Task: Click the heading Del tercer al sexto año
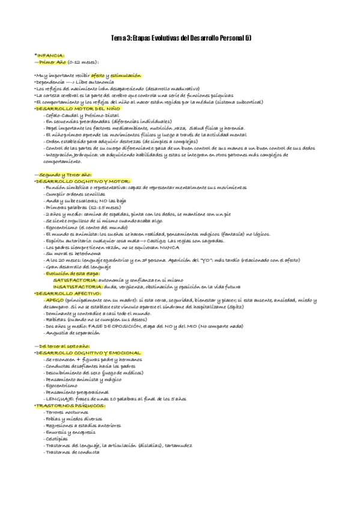(x=64, y=346)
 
